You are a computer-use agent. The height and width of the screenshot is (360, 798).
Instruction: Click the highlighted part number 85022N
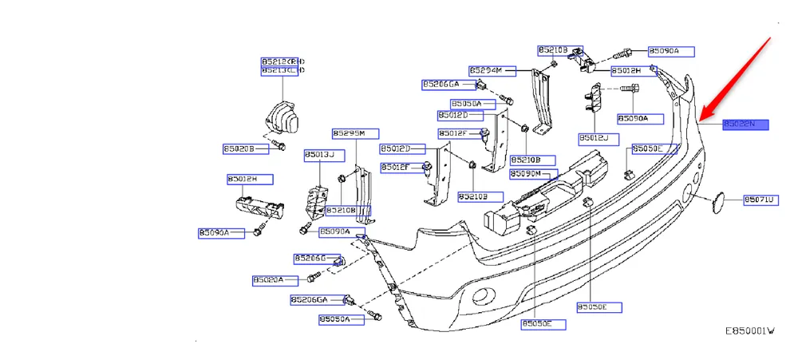(745, 125)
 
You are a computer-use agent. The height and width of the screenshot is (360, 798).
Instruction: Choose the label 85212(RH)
(283, 61)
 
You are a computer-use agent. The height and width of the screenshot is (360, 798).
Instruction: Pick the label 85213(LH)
(283, 71)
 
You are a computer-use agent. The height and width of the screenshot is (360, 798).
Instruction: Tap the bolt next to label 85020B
(278, 145)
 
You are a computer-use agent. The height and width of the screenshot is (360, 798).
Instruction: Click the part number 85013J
(324, 154)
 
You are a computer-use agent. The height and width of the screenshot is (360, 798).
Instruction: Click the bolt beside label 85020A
(312, 279)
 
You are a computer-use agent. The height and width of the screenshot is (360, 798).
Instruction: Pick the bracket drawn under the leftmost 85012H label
(259, 205)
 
